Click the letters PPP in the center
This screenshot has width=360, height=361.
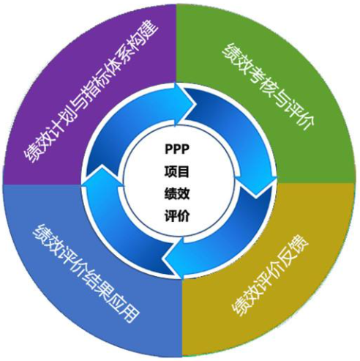[x=177, y=149]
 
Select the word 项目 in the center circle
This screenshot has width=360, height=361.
[x=177, y=171]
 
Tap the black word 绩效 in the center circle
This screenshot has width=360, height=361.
[x=177, y=194]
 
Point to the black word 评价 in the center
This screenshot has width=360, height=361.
[x=177, y=216]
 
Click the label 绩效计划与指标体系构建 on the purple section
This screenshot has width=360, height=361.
[x=91, y=93]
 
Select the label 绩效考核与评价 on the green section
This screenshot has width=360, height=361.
[x=269, y=87]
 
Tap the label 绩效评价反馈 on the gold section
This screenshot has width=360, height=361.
[x=270, y=276]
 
